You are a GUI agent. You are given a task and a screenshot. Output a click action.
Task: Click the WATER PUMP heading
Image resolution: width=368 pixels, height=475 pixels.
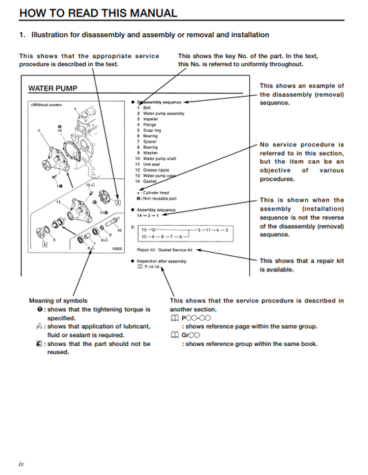(52, 88)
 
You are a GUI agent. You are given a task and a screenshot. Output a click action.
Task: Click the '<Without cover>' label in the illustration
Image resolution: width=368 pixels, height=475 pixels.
(47, 105)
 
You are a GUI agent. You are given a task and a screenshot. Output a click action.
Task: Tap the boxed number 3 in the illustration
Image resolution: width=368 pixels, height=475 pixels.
(118, 203)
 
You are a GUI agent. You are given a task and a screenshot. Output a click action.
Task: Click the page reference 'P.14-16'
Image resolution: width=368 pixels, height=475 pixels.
(151, 266)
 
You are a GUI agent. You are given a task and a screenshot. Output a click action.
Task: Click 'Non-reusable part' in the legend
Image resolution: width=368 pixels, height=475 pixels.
(158, 197)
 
